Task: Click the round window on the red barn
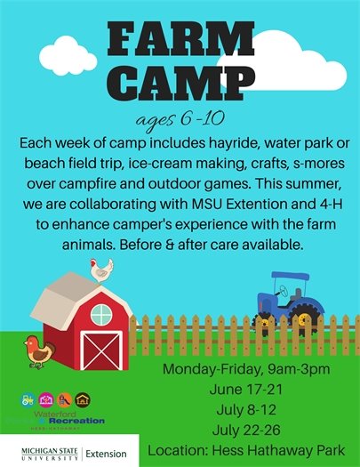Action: (100, 314)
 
